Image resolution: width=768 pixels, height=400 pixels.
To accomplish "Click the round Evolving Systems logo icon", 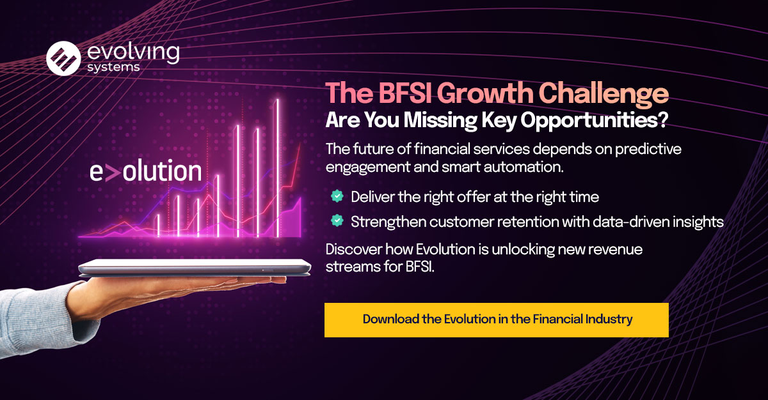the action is pyautogui.click(x=63, y=59).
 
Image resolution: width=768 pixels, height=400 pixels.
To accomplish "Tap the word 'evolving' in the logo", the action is pyautogui.click(x=133, y=52).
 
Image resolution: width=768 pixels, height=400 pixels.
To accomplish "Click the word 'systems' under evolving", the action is pyautogui.click(x=113, y=67).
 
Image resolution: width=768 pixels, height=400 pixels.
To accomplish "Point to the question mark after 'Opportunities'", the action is pyautogui.click(x=664, y=119).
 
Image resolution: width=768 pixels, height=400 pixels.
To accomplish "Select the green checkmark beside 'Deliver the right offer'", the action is pyautogui.click(x=337, y=196).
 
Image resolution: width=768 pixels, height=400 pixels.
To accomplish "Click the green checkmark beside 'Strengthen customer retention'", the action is pyautogui.click(x=337, y=220).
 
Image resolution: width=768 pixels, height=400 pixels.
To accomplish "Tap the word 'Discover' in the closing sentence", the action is pyautogui.click(x=354, y=249).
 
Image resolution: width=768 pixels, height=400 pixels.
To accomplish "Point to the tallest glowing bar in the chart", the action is pyautogui.click(x=277, y=168).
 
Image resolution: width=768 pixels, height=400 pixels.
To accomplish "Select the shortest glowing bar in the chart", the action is pyautogui.click(x=158, y=226).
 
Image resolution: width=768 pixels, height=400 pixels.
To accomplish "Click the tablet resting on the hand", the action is pyautogui.click(x=195, y=268).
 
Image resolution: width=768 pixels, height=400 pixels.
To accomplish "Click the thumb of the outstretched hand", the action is pyautogui.click(x=240, y=281).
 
